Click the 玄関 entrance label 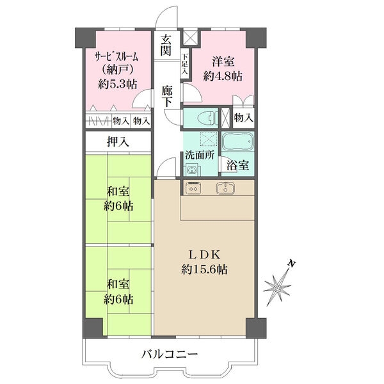(x=166, y=45)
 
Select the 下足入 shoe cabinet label (x=185, y=64)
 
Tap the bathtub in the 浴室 (x=237, y=142)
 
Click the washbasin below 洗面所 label (x=191, y=169)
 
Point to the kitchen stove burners (x=193, y=188)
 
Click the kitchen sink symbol (x=225, y=188)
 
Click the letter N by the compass (x=292, y=263)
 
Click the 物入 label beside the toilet (x=243, y=118)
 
